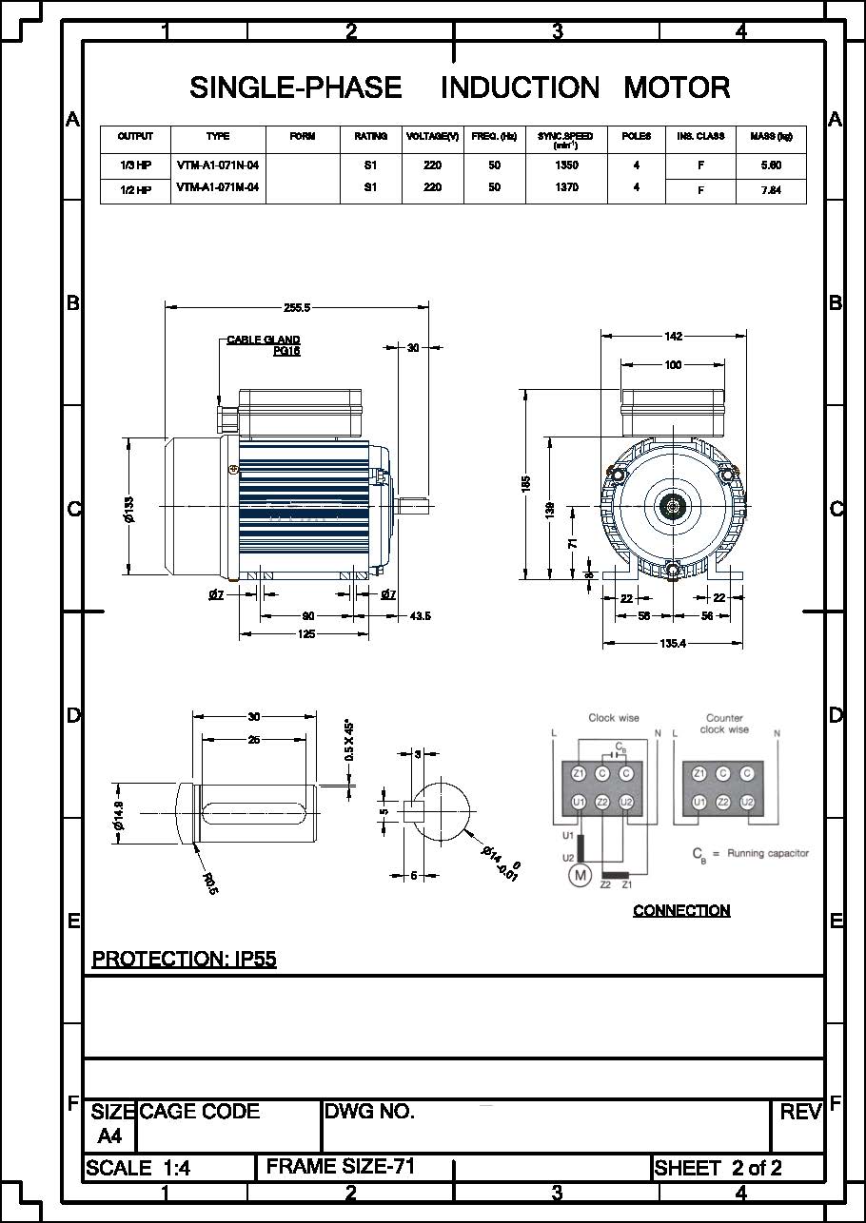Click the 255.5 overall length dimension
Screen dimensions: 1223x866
tap(297, 307)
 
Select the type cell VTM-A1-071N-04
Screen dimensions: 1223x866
tap(218, 165)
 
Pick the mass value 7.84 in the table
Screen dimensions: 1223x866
tap(771, 190)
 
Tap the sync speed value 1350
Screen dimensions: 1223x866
tap(565, 165)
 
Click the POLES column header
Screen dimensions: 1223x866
tap(636, 137)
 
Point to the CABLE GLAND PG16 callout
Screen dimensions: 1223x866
tap(265, 345)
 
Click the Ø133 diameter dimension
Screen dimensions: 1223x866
tap(129, 509)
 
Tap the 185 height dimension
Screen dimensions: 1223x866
tap(526, 485)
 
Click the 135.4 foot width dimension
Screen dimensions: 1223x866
tap(672, 644)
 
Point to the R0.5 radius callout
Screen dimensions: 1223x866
tap(210, 883)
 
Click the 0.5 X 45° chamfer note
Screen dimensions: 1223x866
tap(348, 739)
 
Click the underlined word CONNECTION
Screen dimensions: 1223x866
tap(681, 911)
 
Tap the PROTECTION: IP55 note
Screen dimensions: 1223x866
tap(184, 959)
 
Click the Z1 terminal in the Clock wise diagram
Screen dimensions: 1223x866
tap(578, 774)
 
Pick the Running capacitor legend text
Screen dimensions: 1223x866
tap(767, 853)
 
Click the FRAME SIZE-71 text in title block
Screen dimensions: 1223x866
tap(341, 1166)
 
